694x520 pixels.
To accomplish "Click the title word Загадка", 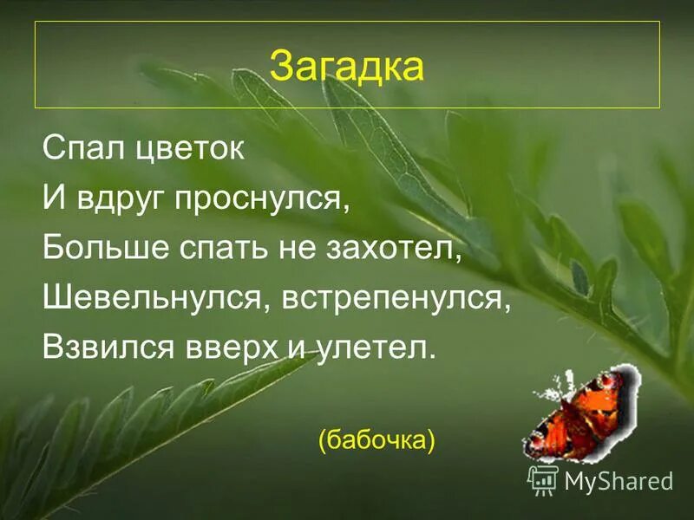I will pos(346,66).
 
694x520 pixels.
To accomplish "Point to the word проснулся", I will pos(259,199).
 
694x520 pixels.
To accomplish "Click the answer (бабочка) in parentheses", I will pos(376,440).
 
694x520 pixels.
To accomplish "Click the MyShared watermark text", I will pos(619,481).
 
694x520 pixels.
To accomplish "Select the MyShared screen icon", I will pos(543,479).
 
